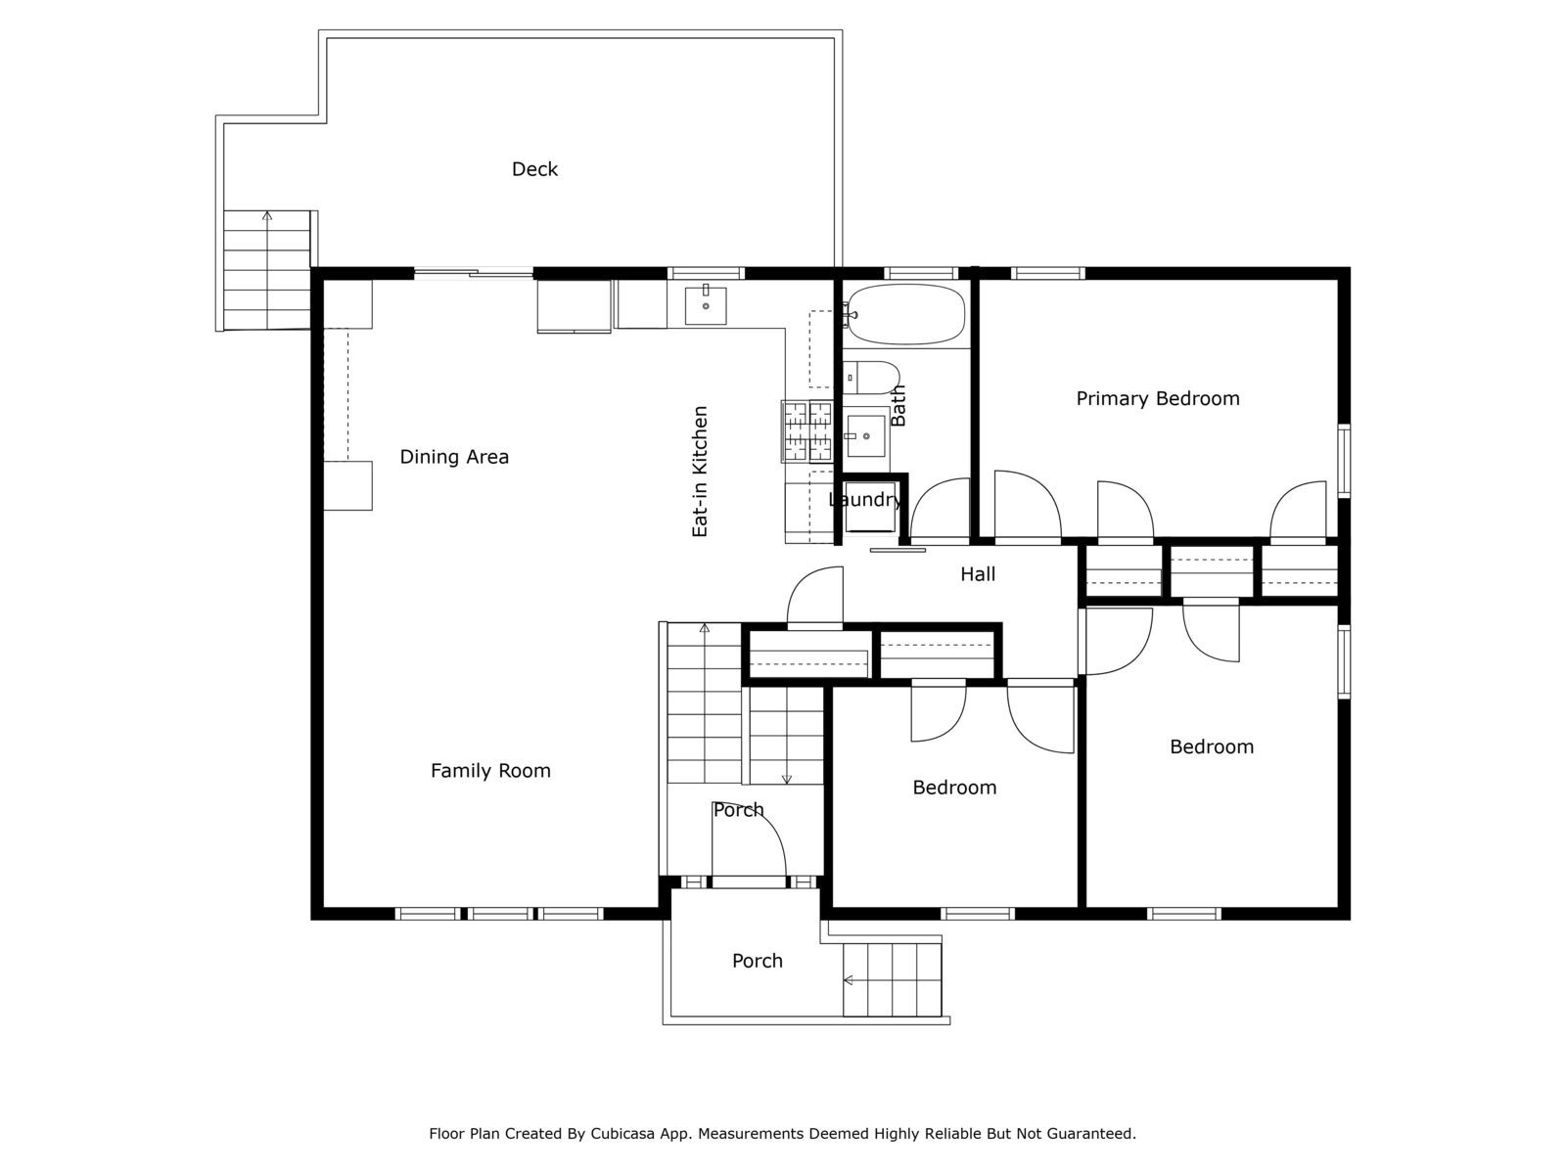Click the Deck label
pos(534,169)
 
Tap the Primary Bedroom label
pos(1157,398)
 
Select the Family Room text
pos(490,771)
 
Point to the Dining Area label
pos(454,457)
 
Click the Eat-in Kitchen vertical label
pos(700,472)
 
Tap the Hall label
pos(978,574)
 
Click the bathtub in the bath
pos(904,314)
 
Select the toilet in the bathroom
pos(871,378)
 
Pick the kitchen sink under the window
pos(705,306)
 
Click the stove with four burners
pos(806,431)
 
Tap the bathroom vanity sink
pos(865,434)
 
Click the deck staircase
pos(267,270)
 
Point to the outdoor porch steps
pos(892,980)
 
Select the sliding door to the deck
pos(473,273)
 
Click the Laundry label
pos(864,500)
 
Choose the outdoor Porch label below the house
pos(757,961)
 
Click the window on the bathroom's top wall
pos(920,273)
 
